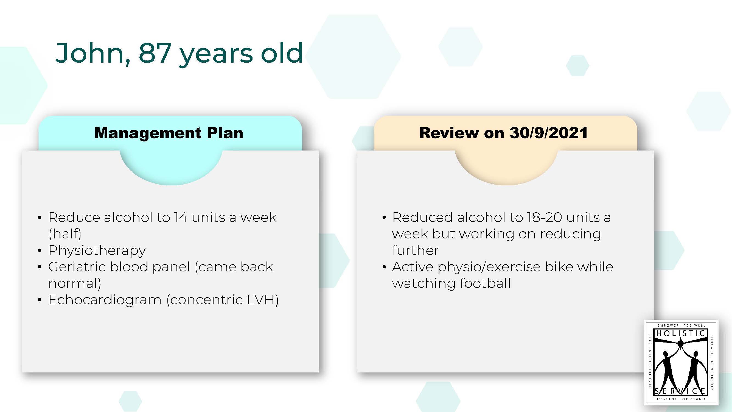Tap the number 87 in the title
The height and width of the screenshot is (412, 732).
(x=155, y=53)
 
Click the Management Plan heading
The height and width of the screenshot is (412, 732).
(x=169, y=133)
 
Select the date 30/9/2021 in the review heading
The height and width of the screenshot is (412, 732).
(x=549, y=133)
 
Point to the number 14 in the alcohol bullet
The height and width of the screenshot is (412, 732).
(x=181, y=218)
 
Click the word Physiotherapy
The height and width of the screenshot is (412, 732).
(x=97, y=251)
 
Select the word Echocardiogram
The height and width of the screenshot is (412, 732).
(x=105, y=300)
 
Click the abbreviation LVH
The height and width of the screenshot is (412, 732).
(x=260, y=300)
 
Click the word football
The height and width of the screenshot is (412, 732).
(x=485, y=283)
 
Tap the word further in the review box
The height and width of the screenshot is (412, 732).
(x=415, y=250)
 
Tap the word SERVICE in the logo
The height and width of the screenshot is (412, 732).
(x=681, y=391)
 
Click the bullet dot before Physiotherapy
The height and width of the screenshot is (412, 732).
(x=40, y=251)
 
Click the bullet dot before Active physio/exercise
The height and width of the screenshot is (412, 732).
(x=384, y=267)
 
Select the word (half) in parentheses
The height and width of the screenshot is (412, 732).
(x=65, y=234)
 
